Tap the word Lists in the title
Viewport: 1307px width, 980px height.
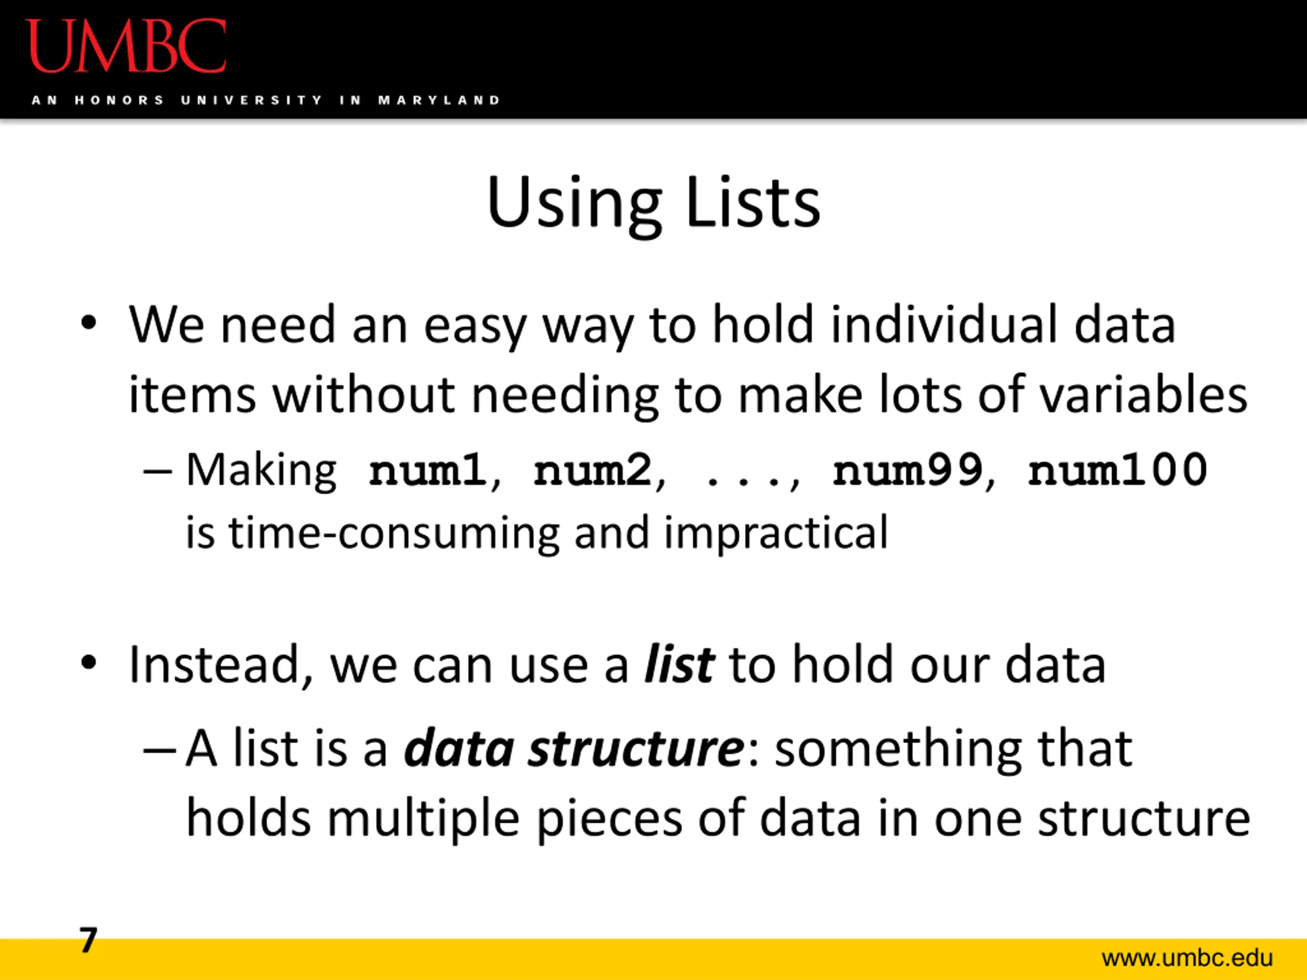[x=753, y=202]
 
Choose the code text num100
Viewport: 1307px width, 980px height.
[x=1117, y=470]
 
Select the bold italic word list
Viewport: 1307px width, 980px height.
[x=680, y=665]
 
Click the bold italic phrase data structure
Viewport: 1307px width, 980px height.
[x=574, y=748]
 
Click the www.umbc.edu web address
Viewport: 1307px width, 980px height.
[x=1187, y=958]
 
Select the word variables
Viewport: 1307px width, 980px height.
[x=1143, y=394]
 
